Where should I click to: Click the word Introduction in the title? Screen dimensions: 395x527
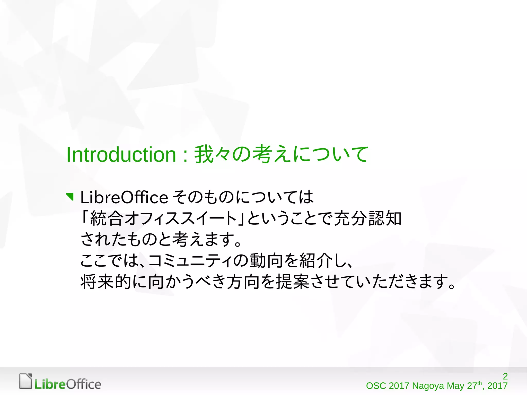(121, 155)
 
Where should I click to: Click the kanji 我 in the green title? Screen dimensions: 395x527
(204, 154)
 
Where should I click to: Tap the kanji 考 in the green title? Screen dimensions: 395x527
(262, 154)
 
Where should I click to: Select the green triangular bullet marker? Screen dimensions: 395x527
(70, 197)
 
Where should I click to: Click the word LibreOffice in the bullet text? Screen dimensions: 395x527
(124, 197)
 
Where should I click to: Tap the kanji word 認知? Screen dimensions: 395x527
(385, 218)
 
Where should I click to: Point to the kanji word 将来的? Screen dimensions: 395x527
(106, 282)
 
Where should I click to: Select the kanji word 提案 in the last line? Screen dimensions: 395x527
(292, 282)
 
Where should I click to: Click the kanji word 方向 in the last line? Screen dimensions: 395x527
(243, 282)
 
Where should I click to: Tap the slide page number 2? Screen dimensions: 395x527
(505, 376)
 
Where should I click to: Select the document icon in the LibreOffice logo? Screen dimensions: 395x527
(26, 381)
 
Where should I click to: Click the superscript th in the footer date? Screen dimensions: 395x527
(479, 383)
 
